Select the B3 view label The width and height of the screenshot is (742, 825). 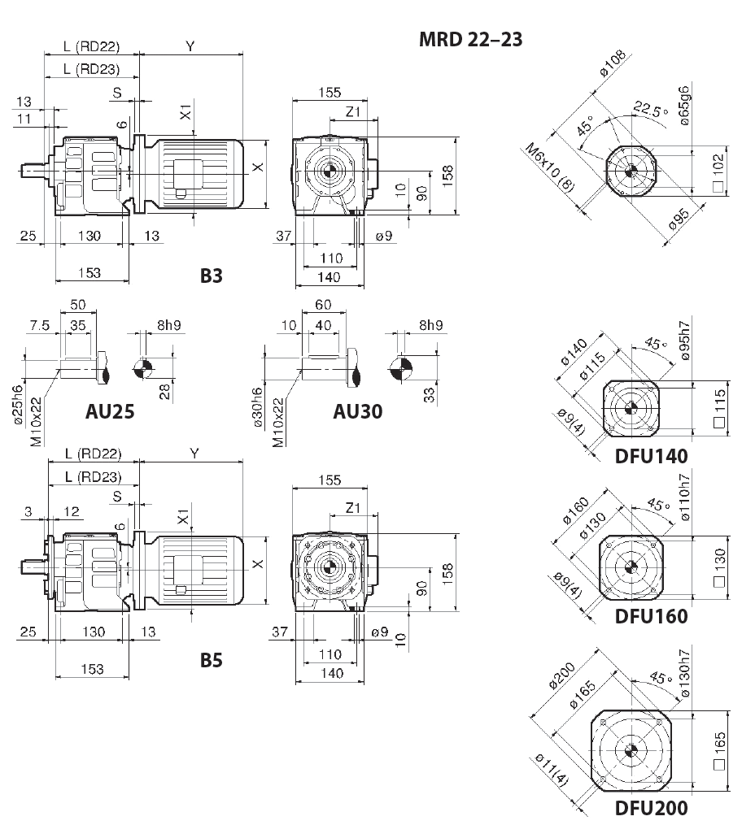pyautogui.click(x=212, y=276)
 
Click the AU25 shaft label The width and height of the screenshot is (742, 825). pyautogui.click(x=110, y=410)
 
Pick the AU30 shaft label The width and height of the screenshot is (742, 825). pyautogui.click(x=357, y=410)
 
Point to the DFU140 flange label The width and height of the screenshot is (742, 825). pyautogui.click(x=651, y=455)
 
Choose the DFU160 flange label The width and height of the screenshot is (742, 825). pyautogui.click(x=651, y=615)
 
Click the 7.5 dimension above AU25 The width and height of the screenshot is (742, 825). pyautogui.click(x=39, y=325)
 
